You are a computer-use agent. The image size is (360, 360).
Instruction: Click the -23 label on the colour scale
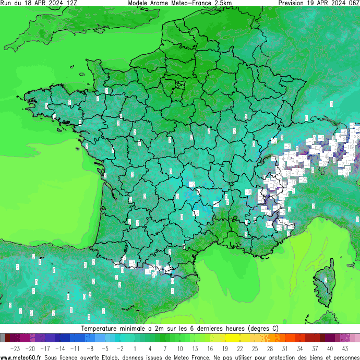[x=15, y=349]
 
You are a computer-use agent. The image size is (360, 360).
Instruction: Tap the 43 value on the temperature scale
[x=345, y=349]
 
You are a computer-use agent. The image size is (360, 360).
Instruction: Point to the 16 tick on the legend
[x=210, y=349]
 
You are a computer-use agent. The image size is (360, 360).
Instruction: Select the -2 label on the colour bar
[x=121, y=349]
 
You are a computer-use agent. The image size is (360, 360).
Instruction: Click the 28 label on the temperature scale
[x=270, y=349]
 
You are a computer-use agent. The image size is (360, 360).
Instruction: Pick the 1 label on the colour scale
[x=135, y=349]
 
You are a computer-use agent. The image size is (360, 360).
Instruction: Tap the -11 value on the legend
[x=75, y=349]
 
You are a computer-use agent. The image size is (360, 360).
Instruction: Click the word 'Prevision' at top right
[x=294, y=3]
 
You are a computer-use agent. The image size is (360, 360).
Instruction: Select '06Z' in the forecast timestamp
[x=352, y=3]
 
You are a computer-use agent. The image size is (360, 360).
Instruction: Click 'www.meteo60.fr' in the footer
[x=21, y=357]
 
